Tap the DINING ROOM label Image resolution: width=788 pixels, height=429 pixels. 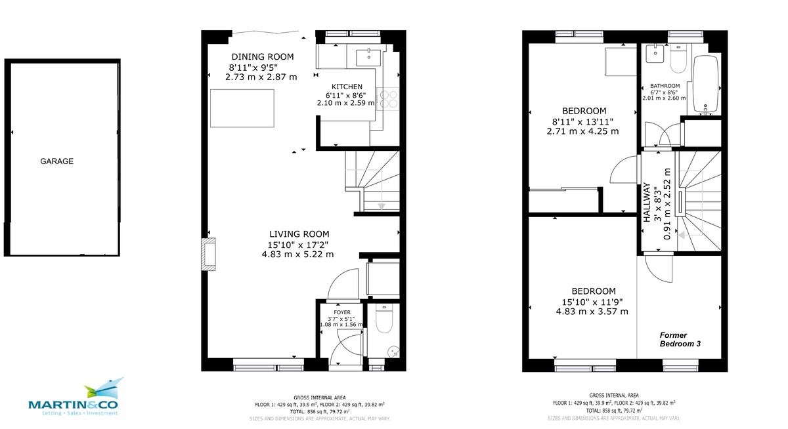tap(262, 56)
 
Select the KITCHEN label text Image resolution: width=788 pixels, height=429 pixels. tap(347, 87)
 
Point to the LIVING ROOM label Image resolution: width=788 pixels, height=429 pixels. tap(299, 234)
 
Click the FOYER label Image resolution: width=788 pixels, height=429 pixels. tap(341, 312)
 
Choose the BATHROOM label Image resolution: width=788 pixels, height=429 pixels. tap(665, 86)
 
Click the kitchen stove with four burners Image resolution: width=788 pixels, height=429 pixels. tap(388, 98)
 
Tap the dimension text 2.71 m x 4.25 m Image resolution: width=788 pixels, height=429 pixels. tap(584, 131)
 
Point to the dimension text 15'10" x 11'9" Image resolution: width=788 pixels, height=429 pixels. tap(592, 302)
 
